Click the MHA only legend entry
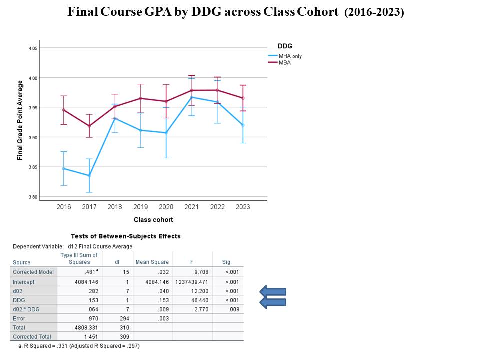(x=290, y=56)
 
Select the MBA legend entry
(x=285, y=62)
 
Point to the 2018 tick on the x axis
(x=115, y=206)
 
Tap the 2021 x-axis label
(x=191, y=206)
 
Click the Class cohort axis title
(x=153, y=220)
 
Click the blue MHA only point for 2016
(x=64, y=168)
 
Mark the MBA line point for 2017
(x=89, y=126)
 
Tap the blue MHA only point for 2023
(x=243, y=125)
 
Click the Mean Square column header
(x=152, y=262)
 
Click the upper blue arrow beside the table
(x=272, y=291)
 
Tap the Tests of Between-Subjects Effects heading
(x=125, y=236)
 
